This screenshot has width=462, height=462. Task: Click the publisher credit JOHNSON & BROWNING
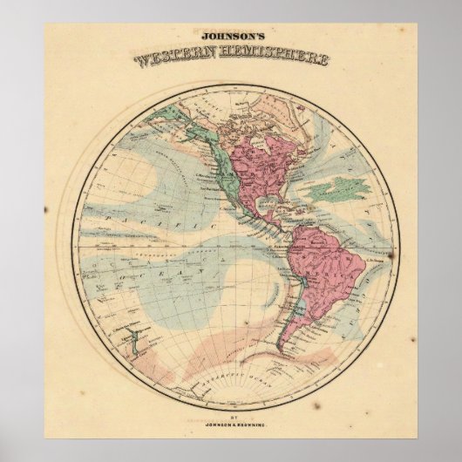[232, 430]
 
